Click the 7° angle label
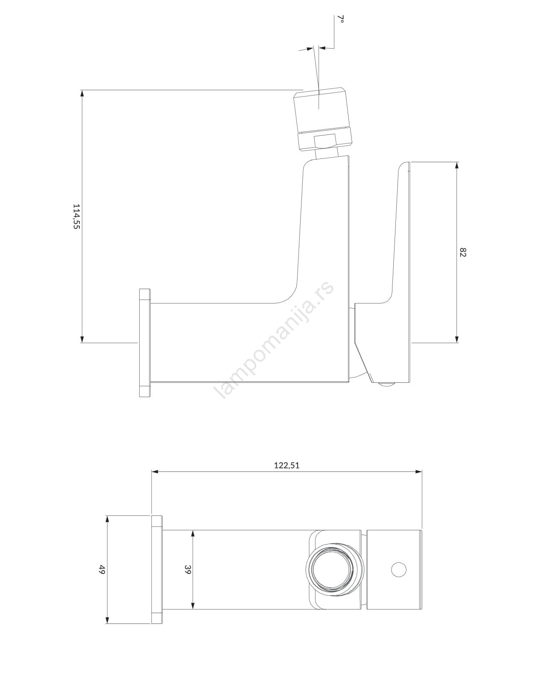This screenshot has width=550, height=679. click(341, 19)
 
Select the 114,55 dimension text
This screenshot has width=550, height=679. click(76, 217)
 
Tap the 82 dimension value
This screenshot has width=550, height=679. click(463, 252)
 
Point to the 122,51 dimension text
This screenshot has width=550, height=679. click(287, 466)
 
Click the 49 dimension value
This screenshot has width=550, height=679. click(102, 570)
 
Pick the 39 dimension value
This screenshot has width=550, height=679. click(188, 570)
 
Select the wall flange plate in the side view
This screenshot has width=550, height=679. click(145, 342)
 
